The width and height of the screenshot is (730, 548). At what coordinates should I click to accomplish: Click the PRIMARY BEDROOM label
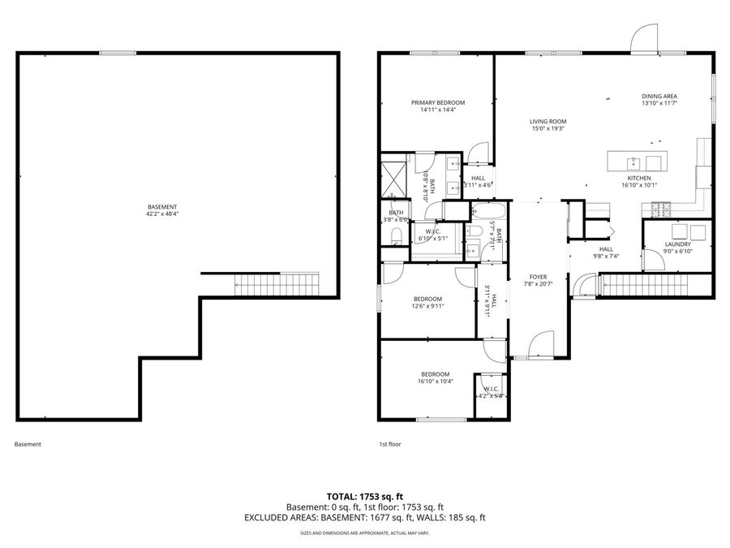coord(438,103)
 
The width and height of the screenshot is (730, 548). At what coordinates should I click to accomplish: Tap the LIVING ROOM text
coord(548,121)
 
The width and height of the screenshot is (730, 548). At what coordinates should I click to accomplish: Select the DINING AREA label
coord(659,96)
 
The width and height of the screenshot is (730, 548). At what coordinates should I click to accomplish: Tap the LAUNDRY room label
coord(677,244)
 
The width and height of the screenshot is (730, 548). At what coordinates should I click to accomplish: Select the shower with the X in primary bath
coord(393,177)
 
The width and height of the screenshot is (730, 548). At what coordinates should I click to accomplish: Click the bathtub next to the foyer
coord(489,213)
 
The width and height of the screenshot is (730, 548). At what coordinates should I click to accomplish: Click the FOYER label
coord(539,276)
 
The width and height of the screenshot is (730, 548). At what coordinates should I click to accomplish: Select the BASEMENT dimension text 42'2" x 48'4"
coord(162,214)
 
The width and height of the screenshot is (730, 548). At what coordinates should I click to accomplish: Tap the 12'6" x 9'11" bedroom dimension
coord(427,305)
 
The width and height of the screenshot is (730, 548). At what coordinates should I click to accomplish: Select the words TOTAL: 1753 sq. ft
coord(364,495)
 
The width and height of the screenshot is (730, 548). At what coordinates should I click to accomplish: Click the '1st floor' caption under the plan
coord(390,444)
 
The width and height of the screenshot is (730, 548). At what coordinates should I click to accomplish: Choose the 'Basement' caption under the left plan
coord(28,444)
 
